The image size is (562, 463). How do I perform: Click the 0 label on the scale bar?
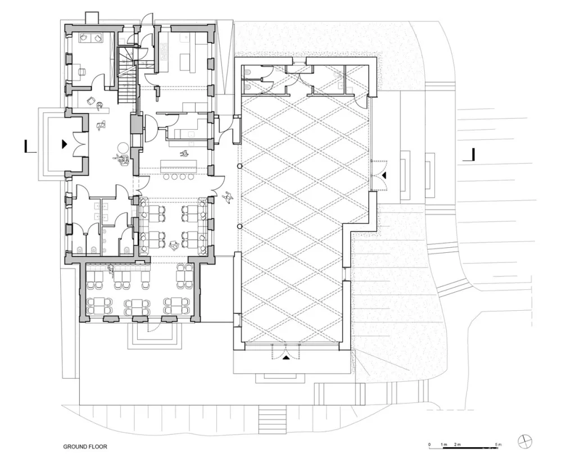(x=429, y=444)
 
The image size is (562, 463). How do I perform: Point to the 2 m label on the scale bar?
(x=457, y=444)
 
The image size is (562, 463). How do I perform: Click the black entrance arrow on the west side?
(x=65, y=144)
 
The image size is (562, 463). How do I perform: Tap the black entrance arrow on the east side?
(x=384, y=176)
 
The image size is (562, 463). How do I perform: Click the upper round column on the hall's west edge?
(x=240, y=167)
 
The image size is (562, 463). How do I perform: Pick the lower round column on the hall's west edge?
(x=240, y=226)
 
